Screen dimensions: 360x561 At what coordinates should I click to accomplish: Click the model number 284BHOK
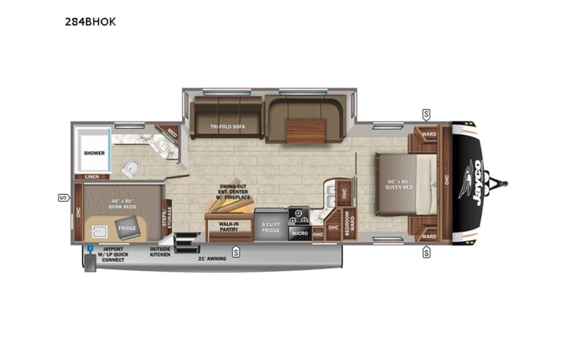click(x=91, y=21)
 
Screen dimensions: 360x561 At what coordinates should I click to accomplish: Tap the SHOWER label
click(x=94, y=153)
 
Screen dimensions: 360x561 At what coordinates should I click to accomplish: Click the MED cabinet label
click(x=171, y=133)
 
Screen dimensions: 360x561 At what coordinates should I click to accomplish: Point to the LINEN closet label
click(x=91, y=177)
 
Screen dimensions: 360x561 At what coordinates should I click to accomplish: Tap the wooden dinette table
click(x=305, y=131)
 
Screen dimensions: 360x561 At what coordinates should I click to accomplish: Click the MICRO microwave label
click(x=299, y=233)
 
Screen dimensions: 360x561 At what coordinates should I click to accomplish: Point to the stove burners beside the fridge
click(x=298, y=214)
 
